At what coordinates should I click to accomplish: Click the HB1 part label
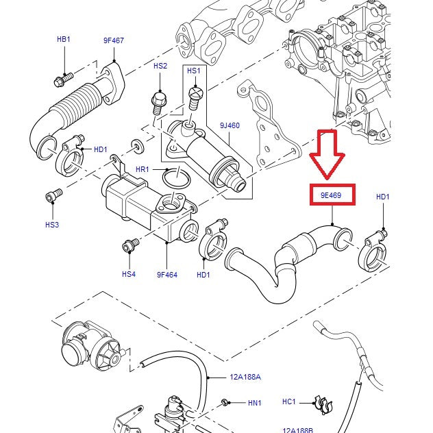[x=63, y=40]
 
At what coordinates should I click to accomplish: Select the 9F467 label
[x=114, y=40]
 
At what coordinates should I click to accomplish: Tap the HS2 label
[x=160, y=66]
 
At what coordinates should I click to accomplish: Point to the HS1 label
[x=194, y=71]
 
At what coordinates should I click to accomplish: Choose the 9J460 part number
[x=230, y=125]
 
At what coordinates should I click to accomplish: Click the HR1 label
[x=143, y=169]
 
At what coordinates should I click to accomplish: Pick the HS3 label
[x=52, y=225]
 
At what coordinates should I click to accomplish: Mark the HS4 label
[x=129, y=274]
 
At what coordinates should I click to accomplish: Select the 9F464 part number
[x=167, y=275]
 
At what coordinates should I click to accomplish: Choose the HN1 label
[x=254, y=404]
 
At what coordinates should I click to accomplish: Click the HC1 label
[x=289, y=401]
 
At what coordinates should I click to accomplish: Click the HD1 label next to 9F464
[x=203, y=275]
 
